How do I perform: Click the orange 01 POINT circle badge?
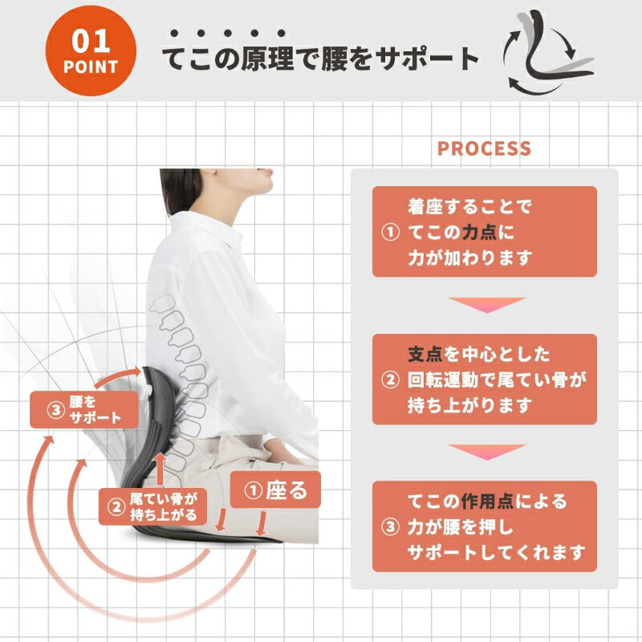91,51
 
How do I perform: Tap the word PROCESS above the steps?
484,148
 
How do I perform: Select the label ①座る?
275,490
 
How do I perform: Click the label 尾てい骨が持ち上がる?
152,506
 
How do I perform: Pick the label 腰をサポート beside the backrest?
84,410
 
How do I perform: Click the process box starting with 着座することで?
485,232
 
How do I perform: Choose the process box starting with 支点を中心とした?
485,379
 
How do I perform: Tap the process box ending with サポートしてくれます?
485,526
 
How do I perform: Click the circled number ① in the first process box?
390,233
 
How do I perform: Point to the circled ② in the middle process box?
390,380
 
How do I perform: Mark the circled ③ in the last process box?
390,527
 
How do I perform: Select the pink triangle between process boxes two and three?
487,452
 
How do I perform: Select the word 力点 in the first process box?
479,233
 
